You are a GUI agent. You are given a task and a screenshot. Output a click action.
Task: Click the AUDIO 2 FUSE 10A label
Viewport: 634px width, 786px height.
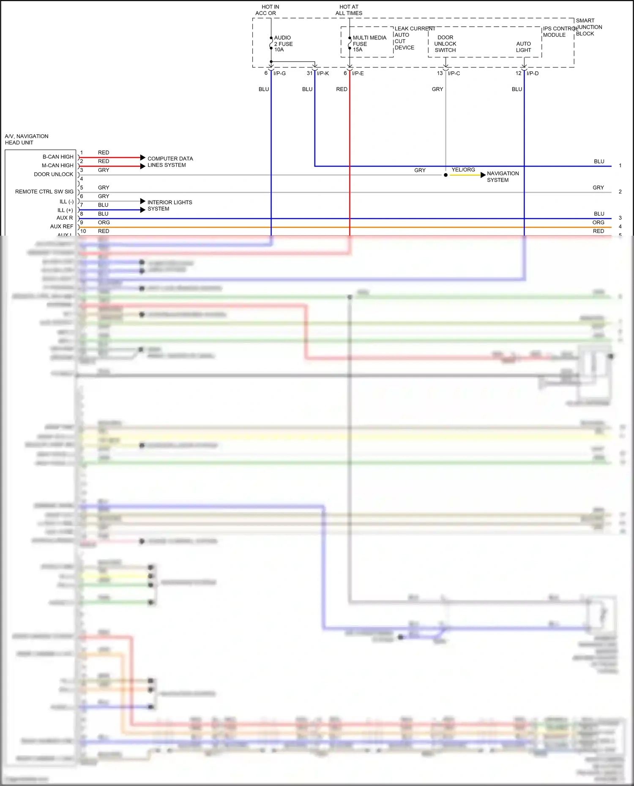click(x=283, y=44)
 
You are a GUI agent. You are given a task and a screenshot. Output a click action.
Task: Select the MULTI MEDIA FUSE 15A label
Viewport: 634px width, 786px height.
click(x=369, y=44)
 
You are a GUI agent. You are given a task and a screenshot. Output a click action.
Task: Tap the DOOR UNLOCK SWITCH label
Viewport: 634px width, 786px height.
click(x=445, y=44)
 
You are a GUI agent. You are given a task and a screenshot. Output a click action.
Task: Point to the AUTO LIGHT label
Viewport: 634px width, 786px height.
click(x=523, y=47)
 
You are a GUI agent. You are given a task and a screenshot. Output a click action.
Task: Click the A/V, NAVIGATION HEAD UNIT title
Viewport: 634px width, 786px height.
click(x=26, y=139)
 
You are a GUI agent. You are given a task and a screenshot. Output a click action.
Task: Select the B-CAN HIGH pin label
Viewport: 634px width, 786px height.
click(x=58, y=157)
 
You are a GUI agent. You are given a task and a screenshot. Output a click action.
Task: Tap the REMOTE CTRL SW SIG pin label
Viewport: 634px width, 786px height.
click(x=44, y=192)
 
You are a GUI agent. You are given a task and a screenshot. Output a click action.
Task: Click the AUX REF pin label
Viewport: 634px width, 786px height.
click(x=62, y=226)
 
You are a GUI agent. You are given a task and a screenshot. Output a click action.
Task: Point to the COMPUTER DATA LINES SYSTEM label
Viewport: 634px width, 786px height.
click(x=170, y=162)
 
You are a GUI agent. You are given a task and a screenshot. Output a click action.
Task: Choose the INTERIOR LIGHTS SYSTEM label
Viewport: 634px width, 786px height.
click(x=169, y=206)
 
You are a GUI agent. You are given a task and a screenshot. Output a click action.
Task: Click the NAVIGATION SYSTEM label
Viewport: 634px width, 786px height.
click(x=503, y=177)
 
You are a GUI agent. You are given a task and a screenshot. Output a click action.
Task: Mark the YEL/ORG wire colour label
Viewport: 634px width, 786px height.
click(x=463, y=170)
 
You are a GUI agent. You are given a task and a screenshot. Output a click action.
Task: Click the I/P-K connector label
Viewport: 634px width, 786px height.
click(x=323, y=73)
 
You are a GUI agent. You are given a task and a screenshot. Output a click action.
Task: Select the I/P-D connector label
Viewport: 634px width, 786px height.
click(x=533, y=73)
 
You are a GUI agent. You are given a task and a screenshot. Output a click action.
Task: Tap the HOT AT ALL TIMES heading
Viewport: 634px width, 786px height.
click(x=349, y=10)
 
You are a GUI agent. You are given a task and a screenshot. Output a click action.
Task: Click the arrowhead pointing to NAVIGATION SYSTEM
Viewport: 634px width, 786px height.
click(x=483, y=175)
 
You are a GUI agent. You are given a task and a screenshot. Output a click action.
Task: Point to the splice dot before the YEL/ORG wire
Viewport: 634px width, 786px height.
click(x=445, y=175)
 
